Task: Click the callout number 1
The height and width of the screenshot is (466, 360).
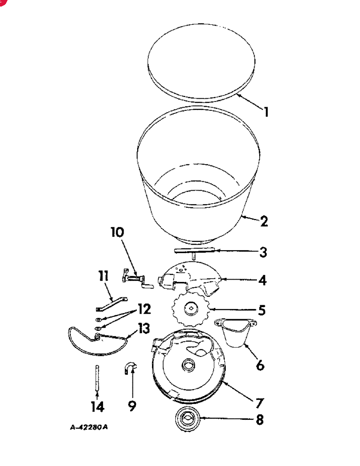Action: pyautogui.click(x=266, y=112)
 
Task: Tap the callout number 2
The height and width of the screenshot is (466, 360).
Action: pyautogui.click(x=264, y=221)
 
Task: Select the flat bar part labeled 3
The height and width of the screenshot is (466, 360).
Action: pyautogui.click(x=194, y=251)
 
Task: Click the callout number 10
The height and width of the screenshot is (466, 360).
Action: pyautogui.click(x=117, y=232)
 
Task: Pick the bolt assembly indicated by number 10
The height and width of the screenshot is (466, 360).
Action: pyautogui.click(x=137, y=279)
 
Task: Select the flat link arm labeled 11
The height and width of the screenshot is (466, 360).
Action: pyautogui.click(x=111, y=304)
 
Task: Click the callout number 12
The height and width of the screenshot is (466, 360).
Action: pyautogui.click(x=144, y=309)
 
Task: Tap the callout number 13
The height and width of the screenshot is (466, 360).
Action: pyautogui.click(x=144, y=329)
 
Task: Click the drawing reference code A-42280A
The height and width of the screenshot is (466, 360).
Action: pyautogui.click(x=89, y=427)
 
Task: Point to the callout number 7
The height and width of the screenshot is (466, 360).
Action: pyautogui.click(x=259, y=403)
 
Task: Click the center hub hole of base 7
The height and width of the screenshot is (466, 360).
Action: pyautogui.click(x=189, y=364)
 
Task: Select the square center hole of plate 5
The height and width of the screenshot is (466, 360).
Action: pyautogui.click(x=191, y=308)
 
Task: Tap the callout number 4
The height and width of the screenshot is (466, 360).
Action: pyautogui.click(x=263, y=280)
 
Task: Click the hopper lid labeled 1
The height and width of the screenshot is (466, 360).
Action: pyautogui.click(x=201, y=63)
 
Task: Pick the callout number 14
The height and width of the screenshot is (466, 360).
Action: pyautogui.click(x=97, y=407)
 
